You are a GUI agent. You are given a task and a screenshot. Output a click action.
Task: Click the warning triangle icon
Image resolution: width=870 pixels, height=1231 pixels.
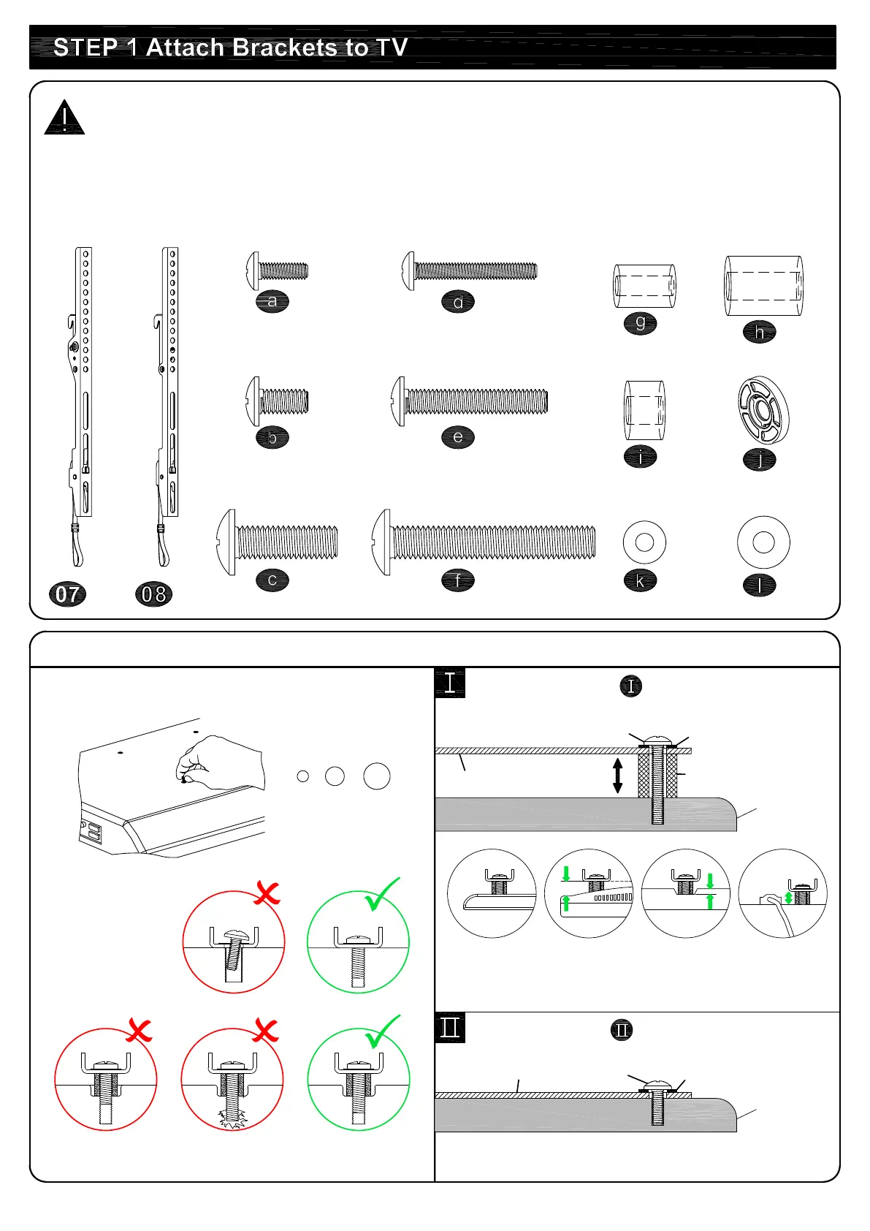pyautogui.click(x=64, y=118)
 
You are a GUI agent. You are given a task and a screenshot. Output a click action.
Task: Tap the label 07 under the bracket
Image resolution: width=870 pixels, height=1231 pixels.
pyautogui.click(x=68, y=594)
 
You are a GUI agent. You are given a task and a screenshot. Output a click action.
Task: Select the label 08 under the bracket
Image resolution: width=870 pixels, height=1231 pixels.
pyautogui.click(x=154, y=594)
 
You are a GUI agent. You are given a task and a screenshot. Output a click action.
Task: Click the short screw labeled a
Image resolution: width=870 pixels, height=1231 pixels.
pyautogui.click(x=277, y=271)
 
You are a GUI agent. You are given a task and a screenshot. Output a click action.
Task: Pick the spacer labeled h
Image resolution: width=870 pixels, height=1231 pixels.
pyautogui.click(x=763, y=286)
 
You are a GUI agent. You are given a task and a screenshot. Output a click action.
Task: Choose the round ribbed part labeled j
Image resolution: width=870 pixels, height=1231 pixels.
pyautogui.click(x=763, y=410)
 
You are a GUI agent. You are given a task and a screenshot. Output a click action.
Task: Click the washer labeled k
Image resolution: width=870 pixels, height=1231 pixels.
pyautogui.click(x=644, y=542)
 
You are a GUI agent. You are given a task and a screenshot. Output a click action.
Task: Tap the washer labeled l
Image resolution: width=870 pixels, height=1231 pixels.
pyautogui.click(x=763, y=542)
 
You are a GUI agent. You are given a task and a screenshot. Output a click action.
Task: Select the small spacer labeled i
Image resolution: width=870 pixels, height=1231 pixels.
pyautogui.click(x=644, y=410)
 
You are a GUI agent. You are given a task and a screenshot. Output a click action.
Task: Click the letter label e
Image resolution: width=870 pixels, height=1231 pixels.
pyautogui.click(x=458, y=437)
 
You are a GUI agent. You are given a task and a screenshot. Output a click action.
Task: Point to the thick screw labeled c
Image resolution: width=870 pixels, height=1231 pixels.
pyautogui.click(x=278, y=542)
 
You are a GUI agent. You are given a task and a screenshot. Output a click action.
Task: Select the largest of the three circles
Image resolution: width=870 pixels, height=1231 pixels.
pyautogui.click(x=377, y=776)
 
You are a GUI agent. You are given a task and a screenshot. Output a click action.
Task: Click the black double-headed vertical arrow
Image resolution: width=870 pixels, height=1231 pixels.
pyautogui.click(x=617, y=776)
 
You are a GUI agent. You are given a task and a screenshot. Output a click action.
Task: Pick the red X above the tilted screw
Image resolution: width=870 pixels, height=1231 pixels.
pyautogui.click(x=267, y=893)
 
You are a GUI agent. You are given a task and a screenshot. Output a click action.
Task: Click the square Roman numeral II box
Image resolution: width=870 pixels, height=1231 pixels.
pyautogui.click(x=450, y=1028)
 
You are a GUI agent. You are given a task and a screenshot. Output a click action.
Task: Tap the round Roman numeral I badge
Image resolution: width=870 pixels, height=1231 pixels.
pyautogui.click(x=630, y=686)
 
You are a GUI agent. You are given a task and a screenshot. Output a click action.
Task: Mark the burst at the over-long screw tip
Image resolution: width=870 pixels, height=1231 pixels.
pyautogui.click(x=233, y=1118)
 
